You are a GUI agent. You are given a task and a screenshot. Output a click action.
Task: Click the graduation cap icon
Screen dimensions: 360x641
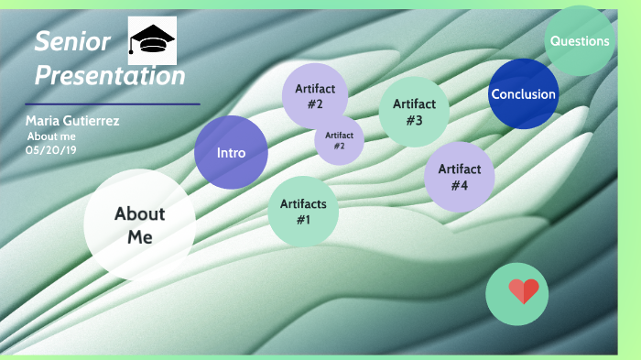pos(152,39)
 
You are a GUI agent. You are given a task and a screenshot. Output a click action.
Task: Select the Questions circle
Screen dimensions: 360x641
pos(579,41)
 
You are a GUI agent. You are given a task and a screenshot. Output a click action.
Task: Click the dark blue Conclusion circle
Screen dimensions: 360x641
pos(523,94)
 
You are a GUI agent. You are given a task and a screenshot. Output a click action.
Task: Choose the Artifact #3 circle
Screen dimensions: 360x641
pos(414,111)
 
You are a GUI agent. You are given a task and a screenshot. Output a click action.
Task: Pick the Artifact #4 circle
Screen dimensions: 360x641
pos(459,177)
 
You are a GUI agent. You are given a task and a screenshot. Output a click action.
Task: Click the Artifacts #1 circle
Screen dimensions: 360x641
pos(303,212)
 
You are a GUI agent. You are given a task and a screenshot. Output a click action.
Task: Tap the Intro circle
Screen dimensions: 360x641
pos(231,153)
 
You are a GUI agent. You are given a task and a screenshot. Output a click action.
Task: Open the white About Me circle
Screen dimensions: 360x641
pos(139,225)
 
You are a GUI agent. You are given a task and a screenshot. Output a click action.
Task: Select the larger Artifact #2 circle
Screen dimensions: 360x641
pos(315,95)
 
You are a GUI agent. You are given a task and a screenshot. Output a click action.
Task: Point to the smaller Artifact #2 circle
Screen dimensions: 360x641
pos(339,140)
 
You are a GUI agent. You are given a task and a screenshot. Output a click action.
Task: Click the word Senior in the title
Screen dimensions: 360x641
pos(72,41)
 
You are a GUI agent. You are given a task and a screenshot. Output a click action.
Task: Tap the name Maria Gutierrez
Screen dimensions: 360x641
pos(72,121)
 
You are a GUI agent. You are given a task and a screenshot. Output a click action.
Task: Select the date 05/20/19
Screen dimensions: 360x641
pos(51,149)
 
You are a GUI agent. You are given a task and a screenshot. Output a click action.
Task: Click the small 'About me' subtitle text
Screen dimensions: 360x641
pos(52,136)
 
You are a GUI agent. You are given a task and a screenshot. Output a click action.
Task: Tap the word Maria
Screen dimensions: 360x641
pos(42,121)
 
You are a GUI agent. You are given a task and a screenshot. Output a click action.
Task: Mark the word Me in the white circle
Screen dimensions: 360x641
pos(139,237)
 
